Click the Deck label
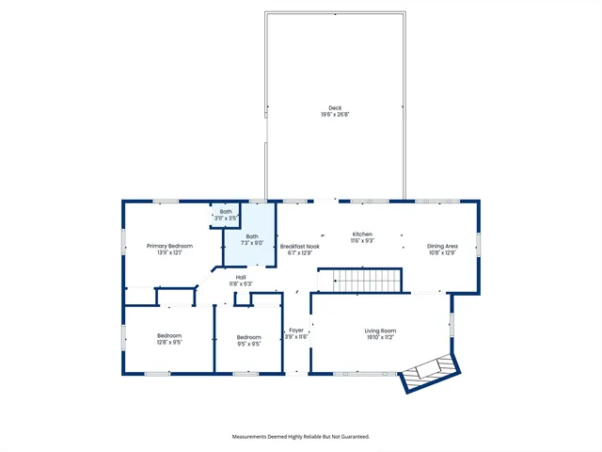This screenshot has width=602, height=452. pos(335,107)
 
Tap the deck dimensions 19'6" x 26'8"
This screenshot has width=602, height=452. pos(335,115)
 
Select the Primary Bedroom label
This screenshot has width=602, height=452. pos(169,246)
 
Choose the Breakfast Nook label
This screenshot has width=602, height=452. pos(300,246)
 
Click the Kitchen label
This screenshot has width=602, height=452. pos(363,234)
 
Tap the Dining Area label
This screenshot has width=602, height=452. pos(441,246)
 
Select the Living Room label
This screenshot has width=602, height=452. pos(381,331)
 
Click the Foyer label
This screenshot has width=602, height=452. pos(296,331)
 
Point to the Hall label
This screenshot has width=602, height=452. pos(241,277)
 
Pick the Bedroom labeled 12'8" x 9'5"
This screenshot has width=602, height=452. pos(169,336)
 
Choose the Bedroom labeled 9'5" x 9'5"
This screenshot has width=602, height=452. pos(248,337)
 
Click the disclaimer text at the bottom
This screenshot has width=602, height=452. pos(301,436)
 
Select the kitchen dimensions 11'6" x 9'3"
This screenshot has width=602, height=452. pos(363,241)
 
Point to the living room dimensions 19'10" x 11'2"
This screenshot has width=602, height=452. pos(381,337)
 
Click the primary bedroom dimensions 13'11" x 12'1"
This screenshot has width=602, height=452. pos(169,252)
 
